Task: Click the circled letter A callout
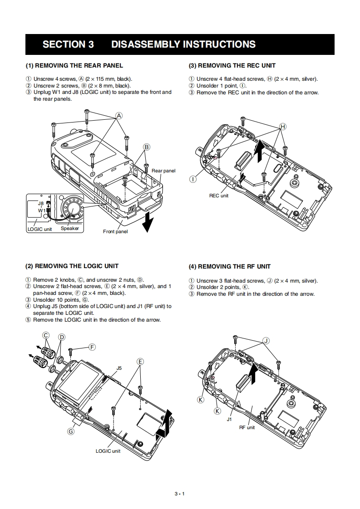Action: coord(119,116)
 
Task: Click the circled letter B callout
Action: coord(147,147)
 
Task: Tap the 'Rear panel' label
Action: coord(163,171)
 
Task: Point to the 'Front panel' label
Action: coord(115,232)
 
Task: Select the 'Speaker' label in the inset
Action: coord(70,228)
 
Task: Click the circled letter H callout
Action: coord(283,126)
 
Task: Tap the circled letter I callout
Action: coord(193,179)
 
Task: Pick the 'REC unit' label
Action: coord(219,196)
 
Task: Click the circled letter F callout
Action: coord(92,347)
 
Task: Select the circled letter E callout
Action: coord(140,361)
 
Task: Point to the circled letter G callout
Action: coord(71,431)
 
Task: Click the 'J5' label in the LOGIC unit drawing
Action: coord(119,368)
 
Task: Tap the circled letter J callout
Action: coord(266,341)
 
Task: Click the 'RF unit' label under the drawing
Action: coord(247,428)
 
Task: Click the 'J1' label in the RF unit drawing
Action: coord(229,420)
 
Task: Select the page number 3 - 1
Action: coord(180,494)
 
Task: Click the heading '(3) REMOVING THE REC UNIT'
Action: coord(232,65)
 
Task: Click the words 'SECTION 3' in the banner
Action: coord(68,44)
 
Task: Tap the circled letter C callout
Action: coord(46,336)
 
